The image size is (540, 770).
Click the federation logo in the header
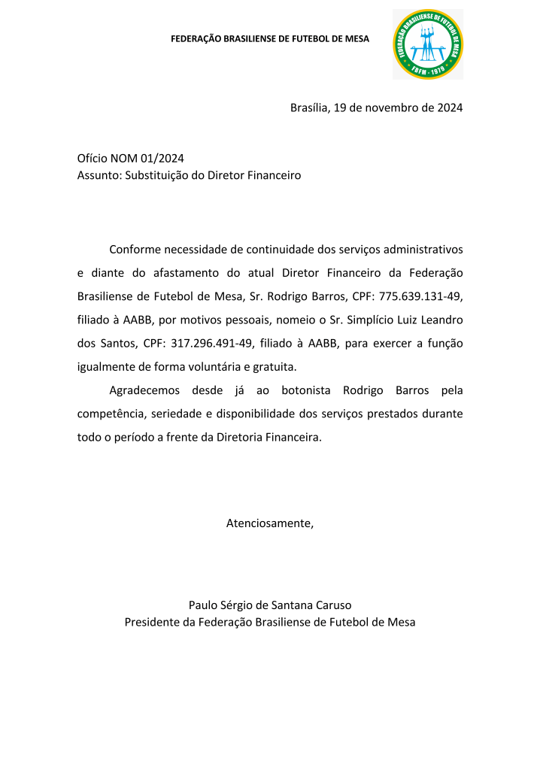coord(428,44)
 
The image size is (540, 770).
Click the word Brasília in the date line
coord(309,108)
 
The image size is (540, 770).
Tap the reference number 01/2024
coord(162,158)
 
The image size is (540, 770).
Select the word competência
coord(112,414)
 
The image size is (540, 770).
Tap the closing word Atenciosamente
coord(270,523)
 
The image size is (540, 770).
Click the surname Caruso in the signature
coord(332,605)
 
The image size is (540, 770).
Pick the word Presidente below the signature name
coord(152,622)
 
